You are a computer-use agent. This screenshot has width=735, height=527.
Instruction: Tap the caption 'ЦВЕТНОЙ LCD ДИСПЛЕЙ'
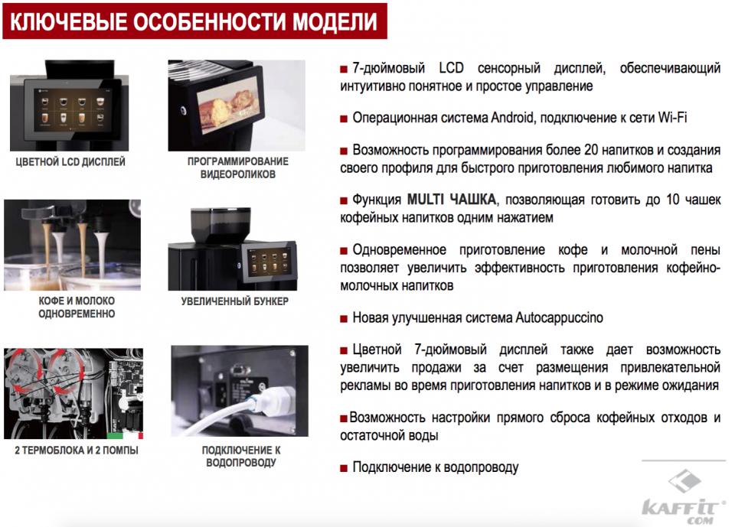coord(70,162)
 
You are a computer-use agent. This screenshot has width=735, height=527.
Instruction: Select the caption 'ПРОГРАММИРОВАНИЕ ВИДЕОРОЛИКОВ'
coord(238,168)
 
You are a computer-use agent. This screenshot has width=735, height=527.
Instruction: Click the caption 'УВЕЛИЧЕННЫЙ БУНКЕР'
coord(235,301)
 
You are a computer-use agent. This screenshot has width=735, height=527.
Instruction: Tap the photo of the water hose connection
coord(238,390)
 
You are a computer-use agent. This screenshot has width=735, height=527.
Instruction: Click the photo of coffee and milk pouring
coord(72,245)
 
